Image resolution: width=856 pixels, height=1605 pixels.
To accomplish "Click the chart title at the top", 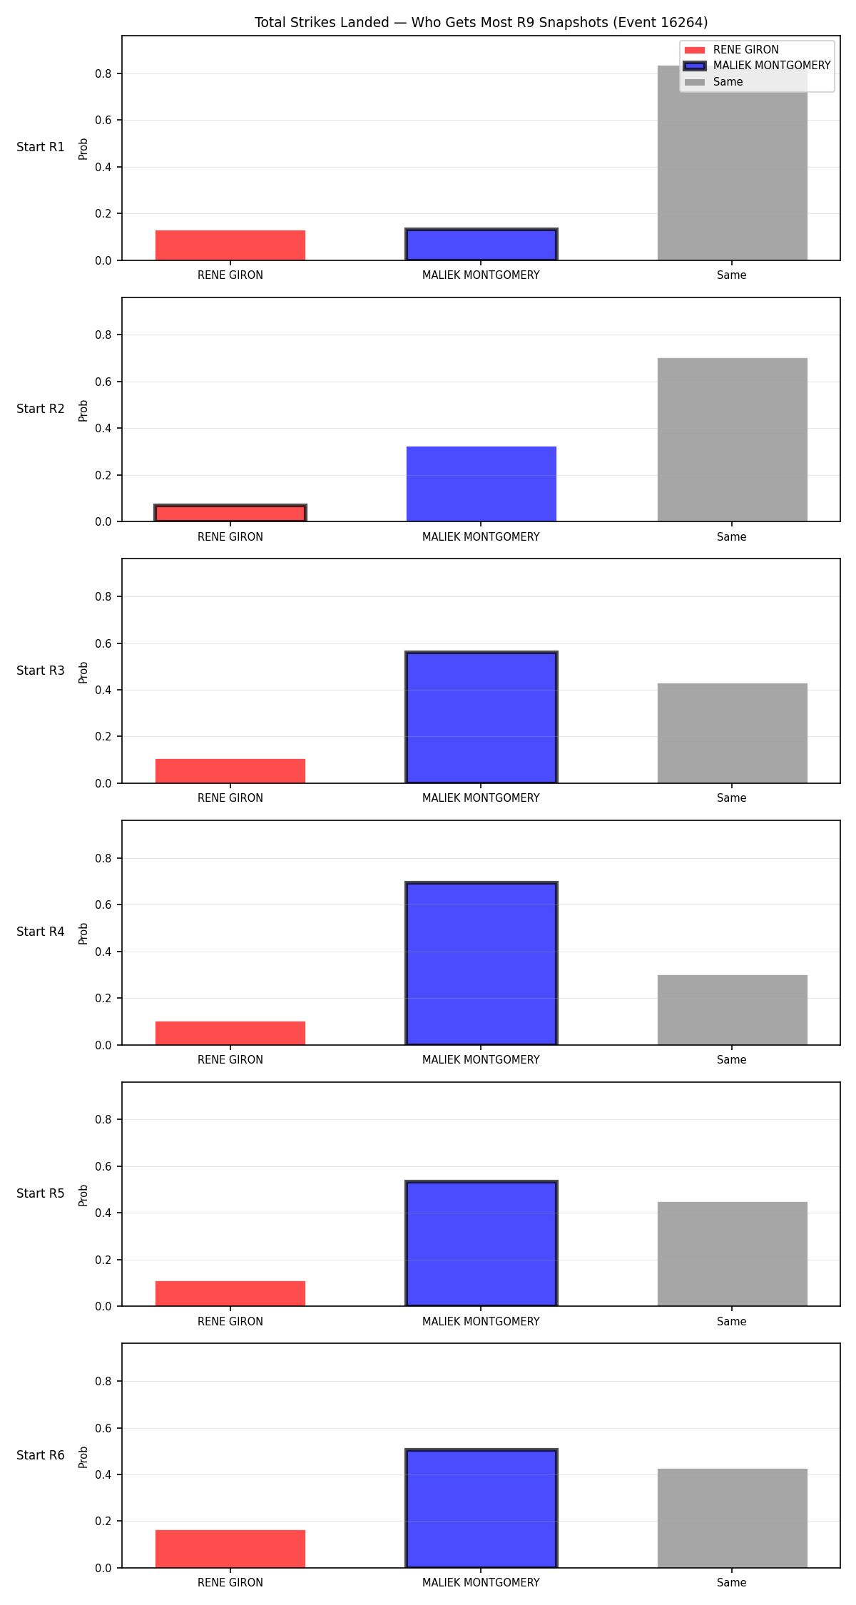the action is (x=481, y=23).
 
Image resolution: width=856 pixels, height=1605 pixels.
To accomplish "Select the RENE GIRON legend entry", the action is (x=731, y=50).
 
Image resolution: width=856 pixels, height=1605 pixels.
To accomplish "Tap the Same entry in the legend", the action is (x=713, y=82).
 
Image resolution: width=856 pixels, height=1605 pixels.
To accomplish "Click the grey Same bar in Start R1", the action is (x=732, y=163).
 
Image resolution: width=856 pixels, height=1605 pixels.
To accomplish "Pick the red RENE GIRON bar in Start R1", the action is (x=230, y=245).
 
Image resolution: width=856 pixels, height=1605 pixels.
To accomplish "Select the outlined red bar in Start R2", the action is (x=230, y=513).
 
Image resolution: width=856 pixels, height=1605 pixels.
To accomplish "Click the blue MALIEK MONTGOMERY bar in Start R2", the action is (x=481, y=484).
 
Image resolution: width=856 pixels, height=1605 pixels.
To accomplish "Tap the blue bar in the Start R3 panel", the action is (x=481, y=717).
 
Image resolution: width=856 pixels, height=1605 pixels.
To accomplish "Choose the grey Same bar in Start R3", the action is (x=732, y=733).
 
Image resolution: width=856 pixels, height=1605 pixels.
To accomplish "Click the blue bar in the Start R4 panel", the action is (x=481, y=963).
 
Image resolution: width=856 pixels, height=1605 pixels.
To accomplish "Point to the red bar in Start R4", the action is (x=230, y=1033).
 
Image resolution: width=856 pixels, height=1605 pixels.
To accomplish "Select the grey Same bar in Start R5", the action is (x=732, y=1254).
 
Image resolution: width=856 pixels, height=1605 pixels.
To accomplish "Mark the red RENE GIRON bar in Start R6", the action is (x=230, y=1549).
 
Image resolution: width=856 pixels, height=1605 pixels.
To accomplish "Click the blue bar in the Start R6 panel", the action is (x=481, y=1508).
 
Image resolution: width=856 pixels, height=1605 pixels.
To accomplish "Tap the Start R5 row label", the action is (x=41, y=1193).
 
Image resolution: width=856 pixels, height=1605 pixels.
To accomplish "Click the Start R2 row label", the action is (x=41, y=409).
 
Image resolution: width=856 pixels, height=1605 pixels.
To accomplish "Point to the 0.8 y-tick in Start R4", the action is (x=104, y=858).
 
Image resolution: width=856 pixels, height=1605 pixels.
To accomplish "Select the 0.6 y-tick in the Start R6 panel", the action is (x=104, y=1428).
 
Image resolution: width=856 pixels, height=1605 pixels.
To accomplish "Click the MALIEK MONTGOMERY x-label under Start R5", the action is (x=481, y=1321).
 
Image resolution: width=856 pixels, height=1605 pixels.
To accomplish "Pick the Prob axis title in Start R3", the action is (x=83, y=672).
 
